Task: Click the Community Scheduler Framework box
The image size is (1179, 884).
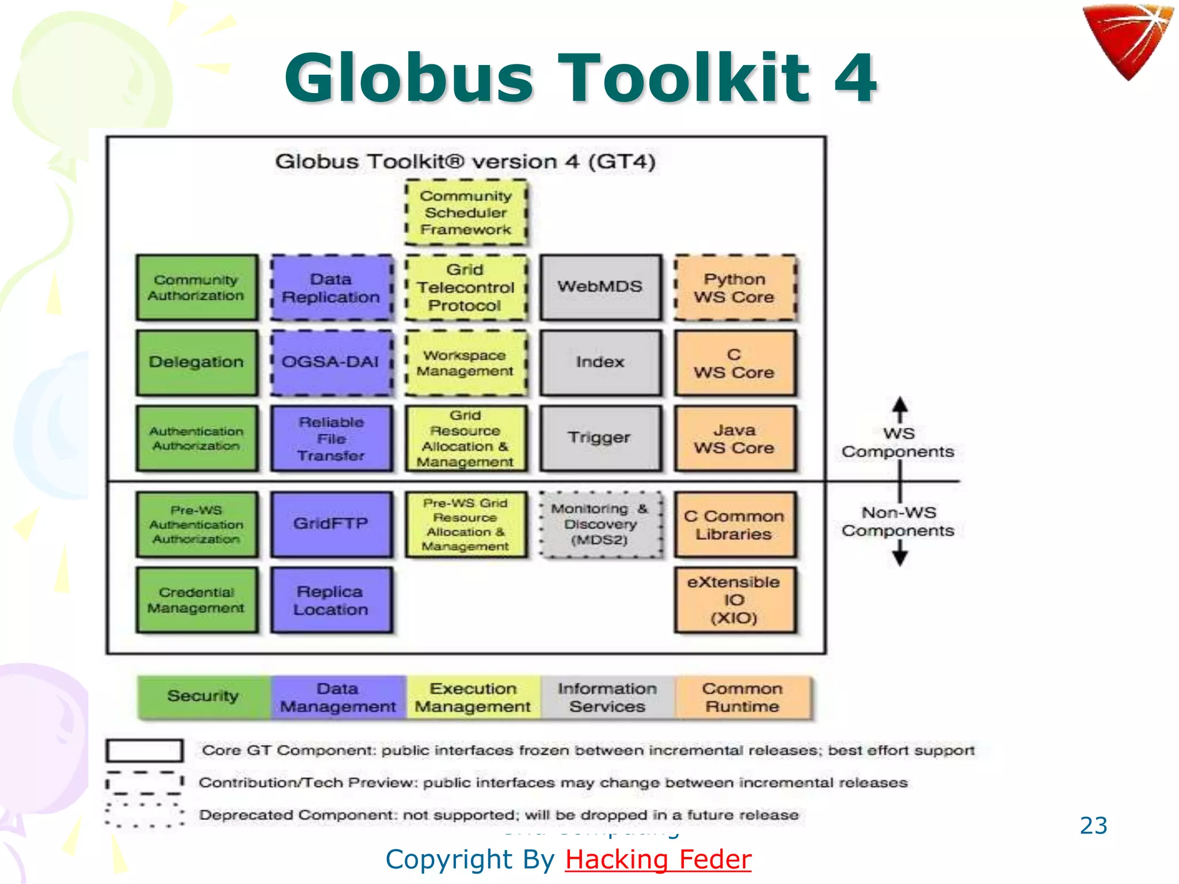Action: (466, 212)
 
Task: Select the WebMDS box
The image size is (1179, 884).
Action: (600, 287)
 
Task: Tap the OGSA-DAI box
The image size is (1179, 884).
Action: (331, 363)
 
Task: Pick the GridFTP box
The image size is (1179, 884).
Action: (331, 524)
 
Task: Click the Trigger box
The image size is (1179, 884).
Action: (600, 438)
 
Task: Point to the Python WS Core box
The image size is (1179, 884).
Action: (735, 288)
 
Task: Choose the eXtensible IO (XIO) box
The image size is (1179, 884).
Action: (735, 600)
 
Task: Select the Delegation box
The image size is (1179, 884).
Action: (197, 363)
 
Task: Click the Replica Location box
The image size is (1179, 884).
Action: (331, 600)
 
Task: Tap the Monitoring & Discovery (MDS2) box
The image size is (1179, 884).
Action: (600, 524)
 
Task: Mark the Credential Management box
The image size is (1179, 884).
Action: (197, 600)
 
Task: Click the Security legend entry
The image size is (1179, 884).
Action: (203, 696)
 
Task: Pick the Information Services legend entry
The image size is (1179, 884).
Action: (607, 697)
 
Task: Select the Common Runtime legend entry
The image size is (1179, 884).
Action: (743, 697)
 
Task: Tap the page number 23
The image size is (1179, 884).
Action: (1093, 825)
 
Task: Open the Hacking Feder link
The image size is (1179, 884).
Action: (658, 859)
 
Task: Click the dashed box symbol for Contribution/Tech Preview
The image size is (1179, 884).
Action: (144, 783)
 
